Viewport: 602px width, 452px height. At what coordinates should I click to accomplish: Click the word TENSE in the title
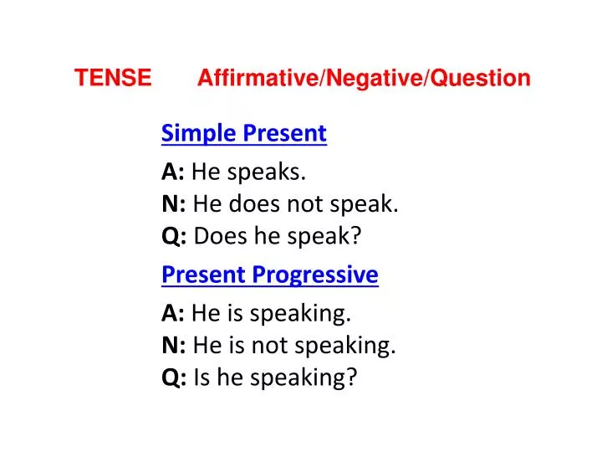tap(113, 79)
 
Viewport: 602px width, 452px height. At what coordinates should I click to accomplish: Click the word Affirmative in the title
tap(257, 79)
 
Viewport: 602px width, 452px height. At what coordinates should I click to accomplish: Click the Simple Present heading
tap(243, 133)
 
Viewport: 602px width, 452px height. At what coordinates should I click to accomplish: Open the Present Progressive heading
tap(269, 275)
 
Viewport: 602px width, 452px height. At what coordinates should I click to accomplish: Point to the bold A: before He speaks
tap(173, 172)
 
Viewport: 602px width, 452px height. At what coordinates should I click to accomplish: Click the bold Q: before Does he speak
tap(174, 237)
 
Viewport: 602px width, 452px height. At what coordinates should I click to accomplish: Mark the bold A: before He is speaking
tap(173, 314)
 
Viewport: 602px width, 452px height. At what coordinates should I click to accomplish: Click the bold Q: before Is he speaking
tap(174, 378)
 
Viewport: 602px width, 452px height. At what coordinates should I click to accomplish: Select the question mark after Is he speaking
tap(352, 378)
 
